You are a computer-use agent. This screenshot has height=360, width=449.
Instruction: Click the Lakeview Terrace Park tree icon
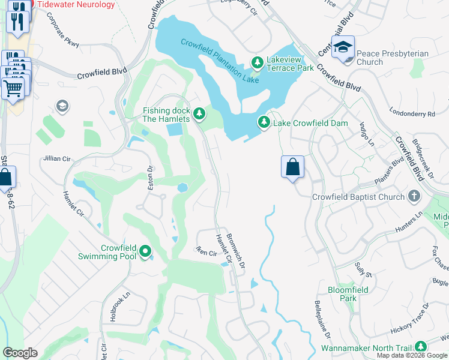point(258,62)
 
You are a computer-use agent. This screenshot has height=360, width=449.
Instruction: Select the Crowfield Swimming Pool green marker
point(145,251)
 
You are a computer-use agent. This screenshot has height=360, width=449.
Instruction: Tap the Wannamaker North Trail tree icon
point(421,347)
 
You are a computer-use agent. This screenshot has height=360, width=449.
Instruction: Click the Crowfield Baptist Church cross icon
point(414,196)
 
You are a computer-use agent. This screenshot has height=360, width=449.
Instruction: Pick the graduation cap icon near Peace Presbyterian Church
point(343,47)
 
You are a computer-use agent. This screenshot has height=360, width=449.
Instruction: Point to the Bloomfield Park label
point(348,293)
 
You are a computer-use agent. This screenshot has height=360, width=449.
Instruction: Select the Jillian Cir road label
point(57,159)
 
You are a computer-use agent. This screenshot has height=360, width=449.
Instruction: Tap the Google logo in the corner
point(20,353)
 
